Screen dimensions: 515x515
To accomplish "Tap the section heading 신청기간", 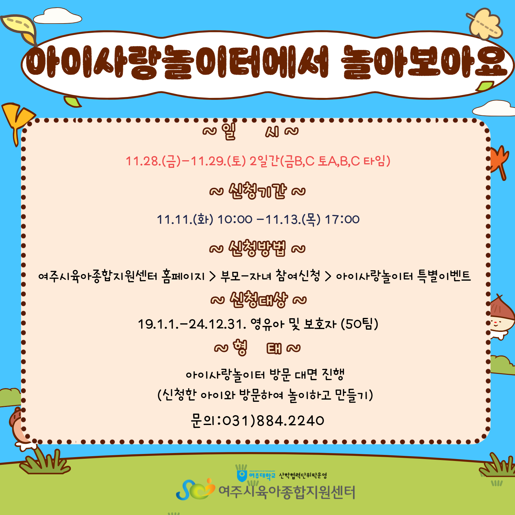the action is [257, 191].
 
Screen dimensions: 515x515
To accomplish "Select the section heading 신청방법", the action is [257, 248].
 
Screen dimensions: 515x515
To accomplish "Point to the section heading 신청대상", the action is [258, 299].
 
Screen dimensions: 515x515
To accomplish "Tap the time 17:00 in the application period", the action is [342, 219].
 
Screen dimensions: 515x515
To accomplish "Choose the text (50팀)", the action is [359, 324].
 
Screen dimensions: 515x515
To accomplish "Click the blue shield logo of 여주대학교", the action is [242, 476].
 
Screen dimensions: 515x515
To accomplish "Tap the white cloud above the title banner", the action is [58, 17].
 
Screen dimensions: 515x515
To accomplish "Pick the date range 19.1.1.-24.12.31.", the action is [192, 324].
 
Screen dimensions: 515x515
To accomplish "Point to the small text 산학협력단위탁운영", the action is [303, 475].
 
